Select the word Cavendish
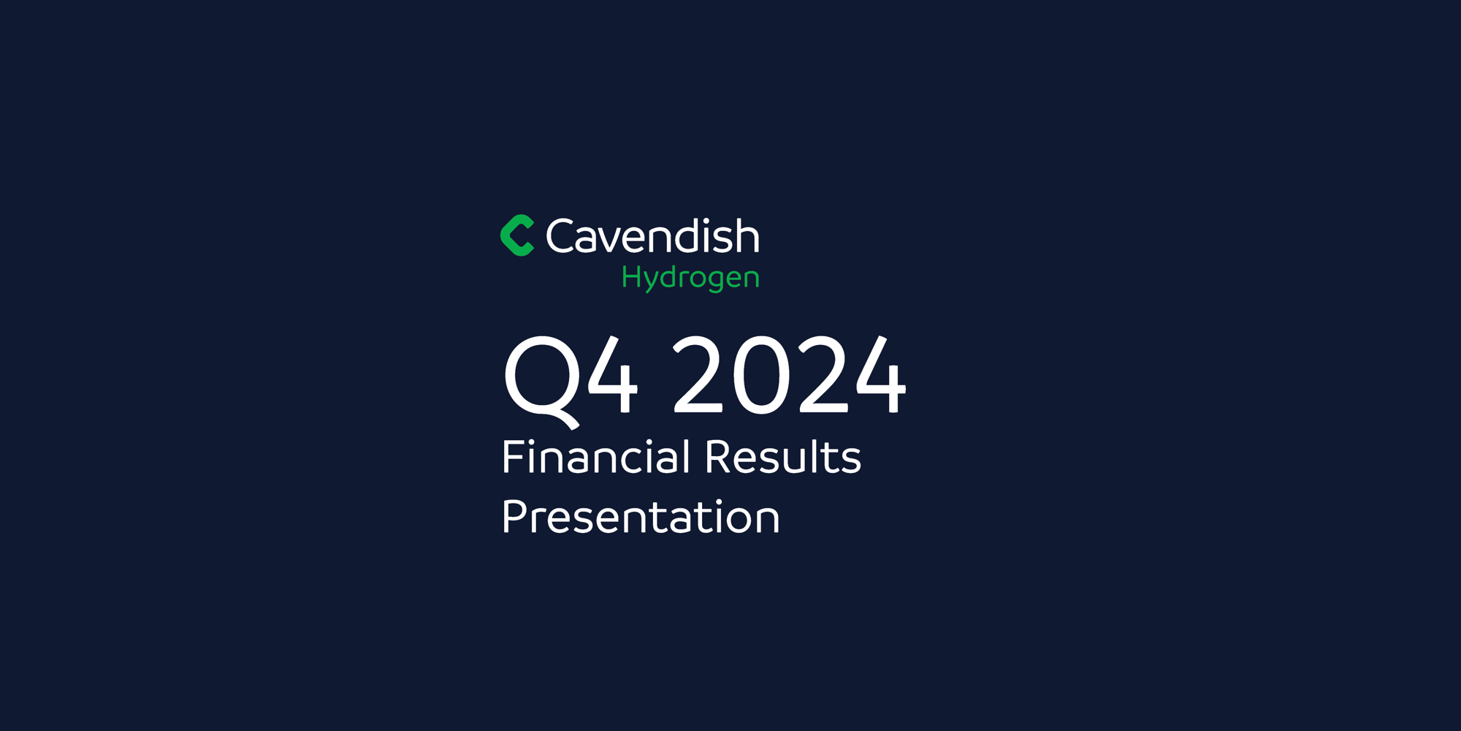click(652, 237)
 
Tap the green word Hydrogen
click(690, 278)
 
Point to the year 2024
click(789, 375)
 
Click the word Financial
click(596, 458)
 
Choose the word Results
click(783, 458)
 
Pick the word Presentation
click(641, 518)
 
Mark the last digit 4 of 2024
click(880, 375)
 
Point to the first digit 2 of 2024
click(698, 375)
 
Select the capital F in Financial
click(513, 458)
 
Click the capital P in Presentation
click(514, 517)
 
